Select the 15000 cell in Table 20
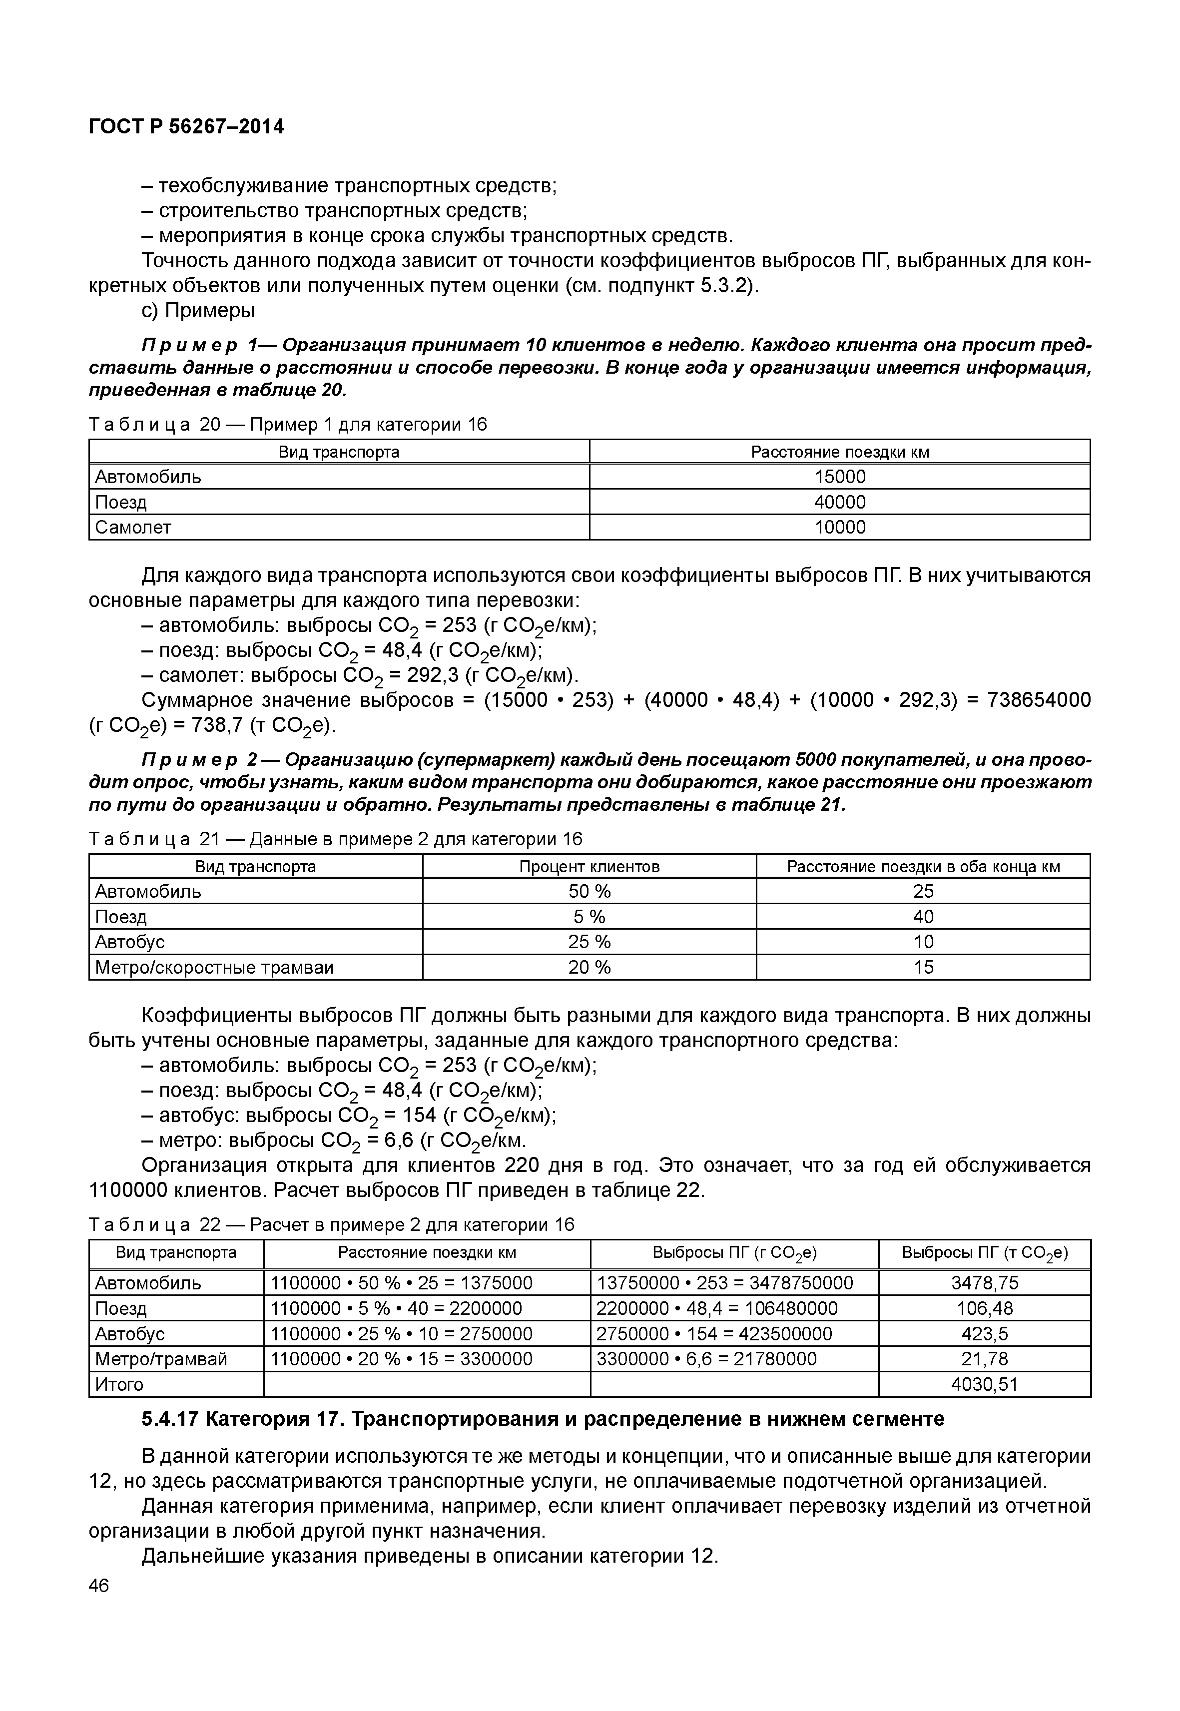pyautogui.click(x=839, y=477)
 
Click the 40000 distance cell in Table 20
pyautogui.click(x=839, y=502)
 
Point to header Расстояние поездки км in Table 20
pyautogui.click(x=839, y=452)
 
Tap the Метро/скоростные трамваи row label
pyautogui.click(x=214, y=967)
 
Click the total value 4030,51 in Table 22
pyautogui.click(x=984, y=1384)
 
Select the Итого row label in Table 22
pyautogui.click(x=119, y=1384)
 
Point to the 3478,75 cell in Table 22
pyautogui.click(x=984, y=1283)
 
